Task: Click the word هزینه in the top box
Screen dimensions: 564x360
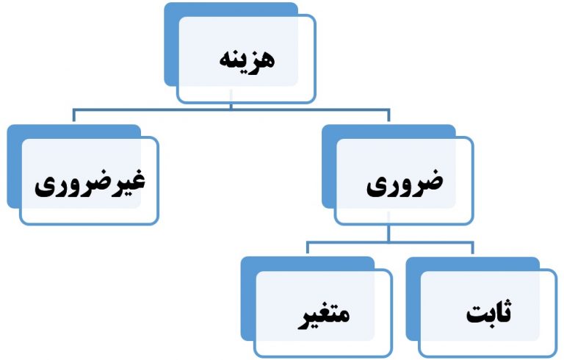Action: point(247,60)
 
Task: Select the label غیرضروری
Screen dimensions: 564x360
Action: point(90,183)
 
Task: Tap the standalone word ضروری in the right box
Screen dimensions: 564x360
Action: point(405,183)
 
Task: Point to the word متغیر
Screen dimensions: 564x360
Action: point(324,316)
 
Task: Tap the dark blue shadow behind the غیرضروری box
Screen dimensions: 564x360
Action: point(15,165)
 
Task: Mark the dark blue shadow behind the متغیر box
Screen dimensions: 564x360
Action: point(248,298)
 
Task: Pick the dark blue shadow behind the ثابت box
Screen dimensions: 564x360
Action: point(413,298)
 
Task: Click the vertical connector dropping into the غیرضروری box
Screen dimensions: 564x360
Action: point(73,115)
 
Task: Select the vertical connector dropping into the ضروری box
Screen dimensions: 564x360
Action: point(388,115)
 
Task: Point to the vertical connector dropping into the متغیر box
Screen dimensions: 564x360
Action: point(308,248)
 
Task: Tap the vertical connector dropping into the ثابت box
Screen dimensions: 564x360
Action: point(472,248)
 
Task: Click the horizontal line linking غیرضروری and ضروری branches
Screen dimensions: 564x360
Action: point(231,109)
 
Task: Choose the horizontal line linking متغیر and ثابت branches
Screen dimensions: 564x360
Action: point(390,242)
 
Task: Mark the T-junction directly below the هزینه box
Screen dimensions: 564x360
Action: point(231,108)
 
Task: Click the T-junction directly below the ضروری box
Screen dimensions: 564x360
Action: point(388,242)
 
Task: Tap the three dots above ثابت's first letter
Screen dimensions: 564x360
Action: point(507,303)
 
